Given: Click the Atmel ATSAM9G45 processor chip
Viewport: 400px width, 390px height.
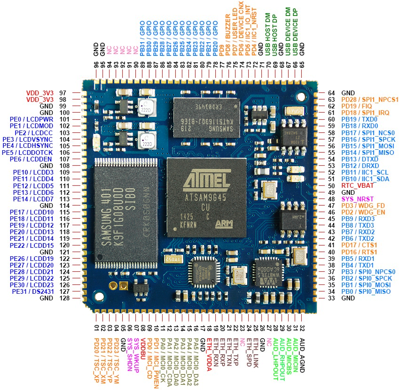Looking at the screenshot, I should coord(206,198).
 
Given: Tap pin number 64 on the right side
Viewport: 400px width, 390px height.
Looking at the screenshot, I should coord(333,93).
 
